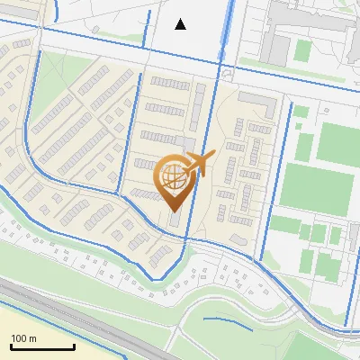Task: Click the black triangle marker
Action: pyautogui.click(x=181, y=24)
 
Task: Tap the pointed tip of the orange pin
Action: pyautogui.click(x=174, y=211)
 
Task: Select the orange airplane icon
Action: pyautogui.click(x=199, y=164)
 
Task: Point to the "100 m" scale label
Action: pyautogui.click(x=23, y=338)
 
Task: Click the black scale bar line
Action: pyautogui.click(x=41, y=347)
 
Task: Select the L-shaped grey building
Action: pyautogui.click(x=261, y=103)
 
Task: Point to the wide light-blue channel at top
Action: pyautogui.click(x=225, y=27)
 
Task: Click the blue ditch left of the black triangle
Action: pyautogui.click(x=148, y=27)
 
